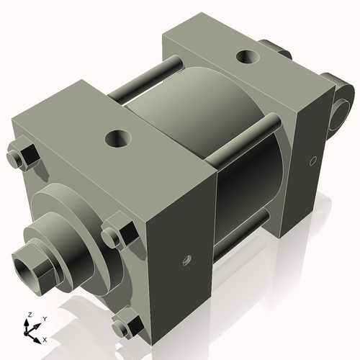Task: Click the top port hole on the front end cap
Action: click(x=117, y=137)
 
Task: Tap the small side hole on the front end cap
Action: click(x=186, y=257)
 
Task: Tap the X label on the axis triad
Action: click(x=45, y=338)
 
